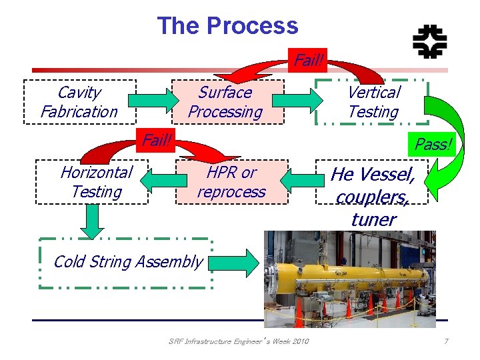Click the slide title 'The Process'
click(227, 26)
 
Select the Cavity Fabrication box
click(79, 102)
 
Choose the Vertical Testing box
click(373, 102)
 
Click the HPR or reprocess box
click(231, 182)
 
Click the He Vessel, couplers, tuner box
click(373, 187)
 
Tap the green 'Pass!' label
click(433, 144)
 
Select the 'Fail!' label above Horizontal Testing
click(157, 140)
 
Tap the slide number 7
click(446, 342)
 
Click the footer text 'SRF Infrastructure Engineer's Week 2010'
click(239, 342)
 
